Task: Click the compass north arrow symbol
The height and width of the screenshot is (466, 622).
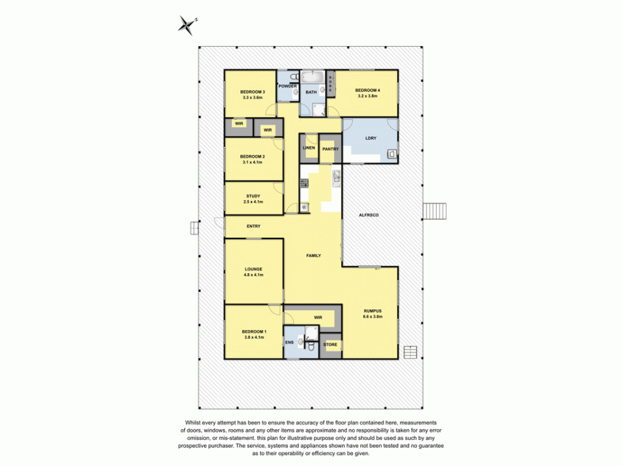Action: click(x=187, y=25)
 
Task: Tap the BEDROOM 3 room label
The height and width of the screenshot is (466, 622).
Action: click(x=253, y=92)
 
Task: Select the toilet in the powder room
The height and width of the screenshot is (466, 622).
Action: click(x=294, y=92)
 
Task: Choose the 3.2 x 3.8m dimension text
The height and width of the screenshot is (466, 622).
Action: click(x=367, y=96)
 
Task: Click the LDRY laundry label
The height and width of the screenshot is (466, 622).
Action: click(x=371, y=138)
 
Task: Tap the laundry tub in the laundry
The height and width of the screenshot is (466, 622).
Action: click(x=391, y=155)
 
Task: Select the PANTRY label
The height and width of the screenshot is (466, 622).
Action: click(x=330, y=149)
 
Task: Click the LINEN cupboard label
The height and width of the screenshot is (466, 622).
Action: click(x=309, y=148)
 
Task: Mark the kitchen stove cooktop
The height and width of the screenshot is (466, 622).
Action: click(x=304, y=183)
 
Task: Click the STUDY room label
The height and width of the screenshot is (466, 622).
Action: click(x=253, y=196)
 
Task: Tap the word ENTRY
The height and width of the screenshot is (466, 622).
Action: click(x=253, y=226)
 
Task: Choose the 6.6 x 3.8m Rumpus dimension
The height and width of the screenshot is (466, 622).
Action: click(x=372, y=317)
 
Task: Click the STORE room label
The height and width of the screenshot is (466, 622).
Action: click(x=330, y=344)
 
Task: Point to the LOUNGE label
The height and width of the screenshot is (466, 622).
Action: click(x=253, y=268)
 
